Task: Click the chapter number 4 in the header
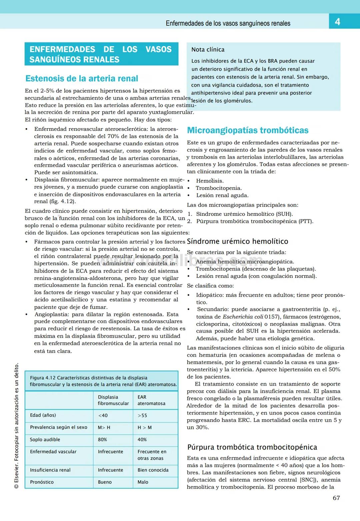(337, 22)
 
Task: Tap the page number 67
(336, 498)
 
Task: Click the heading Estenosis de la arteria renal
(82, 79)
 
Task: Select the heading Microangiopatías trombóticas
(248, 130)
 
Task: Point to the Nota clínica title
(208, 50)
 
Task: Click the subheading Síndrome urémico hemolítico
(237, 241)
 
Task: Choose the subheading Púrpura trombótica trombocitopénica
(252, 447)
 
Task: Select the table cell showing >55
(142, 416)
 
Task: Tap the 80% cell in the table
(102, 440)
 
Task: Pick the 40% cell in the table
(142, 440)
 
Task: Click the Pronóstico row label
(42, 482)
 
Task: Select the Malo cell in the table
(143, 482)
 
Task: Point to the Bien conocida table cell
(153, 470)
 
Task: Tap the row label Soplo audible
(45, 440)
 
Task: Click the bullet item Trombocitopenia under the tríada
(219, 188)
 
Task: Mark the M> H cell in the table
(104, 428)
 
